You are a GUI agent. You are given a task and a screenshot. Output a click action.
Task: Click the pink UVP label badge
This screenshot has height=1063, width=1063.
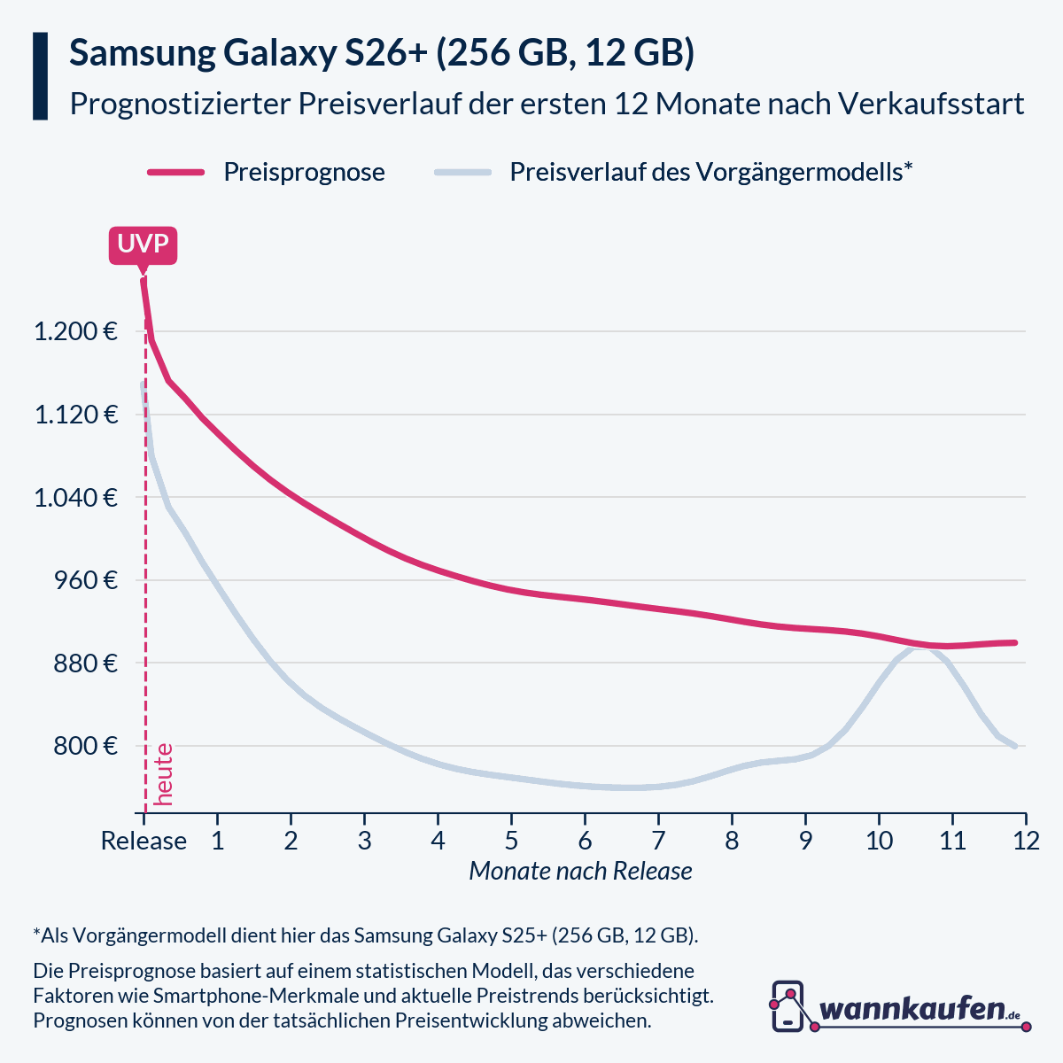tap(143, 244)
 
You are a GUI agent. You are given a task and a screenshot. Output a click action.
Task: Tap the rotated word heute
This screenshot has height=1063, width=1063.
tap(163, 774)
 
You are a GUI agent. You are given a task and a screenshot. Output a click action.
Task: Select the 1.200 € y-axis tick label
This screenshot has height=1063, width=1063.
tap(75, 332)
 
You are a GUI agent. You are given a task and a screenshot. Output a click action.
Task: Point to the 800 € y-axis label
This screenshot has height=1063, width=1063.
tap(85, 746)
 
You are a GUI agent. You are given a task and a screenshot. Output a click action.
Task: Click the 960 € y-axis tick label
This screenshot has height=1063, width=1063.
tap(85, 580)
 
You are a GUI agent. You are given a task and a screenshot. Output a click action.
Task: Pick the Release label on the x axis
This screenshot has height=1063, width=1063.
tap(144, 841)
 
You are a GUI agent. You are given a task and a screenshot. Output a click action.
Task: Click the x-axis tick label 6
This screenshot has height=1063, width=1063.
tap(585, 841)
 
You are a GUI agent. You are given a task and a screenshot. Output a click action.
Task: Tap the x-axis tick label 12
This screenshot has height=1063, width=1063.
tap(1026, 841)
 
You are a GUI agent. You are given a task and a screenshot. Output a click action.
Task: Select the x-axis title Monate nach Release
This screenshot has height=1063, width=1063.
tap(580, 871)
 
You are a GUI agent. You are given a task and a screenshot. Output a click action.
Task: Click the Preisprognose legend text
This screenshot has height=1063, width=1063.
tap(304, 172)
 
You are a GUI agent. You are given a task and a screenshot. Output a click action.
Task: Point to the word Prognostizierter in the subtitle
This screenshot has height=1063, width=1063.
tap(179, 105)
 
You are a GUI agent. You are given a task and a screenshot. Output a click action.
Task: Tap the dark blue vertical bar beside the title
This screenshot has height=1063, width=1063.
tap(40, 76)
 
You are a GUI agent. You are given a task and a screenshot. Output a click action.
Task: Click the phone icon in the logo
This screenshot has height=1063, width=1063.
tap(788, 1005)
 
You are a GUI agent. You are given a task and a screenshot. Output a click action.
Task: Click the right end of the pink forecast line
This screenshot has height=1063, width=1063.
tap(1014, 642)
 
